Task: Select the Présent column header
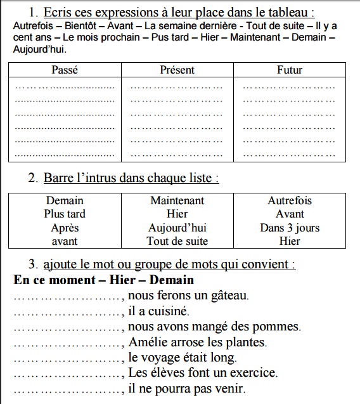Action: tap(177, 70)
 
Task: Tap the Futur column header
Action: tap(290, 70)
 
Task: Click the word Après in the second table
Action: tap(65, 228)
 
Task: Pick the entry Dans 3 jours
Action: tap(290, 228)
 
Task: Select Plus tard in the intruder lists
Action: tap(65, 214)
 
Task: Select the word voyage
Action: tap(167, 358)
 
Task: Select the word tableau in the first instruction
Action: tap(291, 12)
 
